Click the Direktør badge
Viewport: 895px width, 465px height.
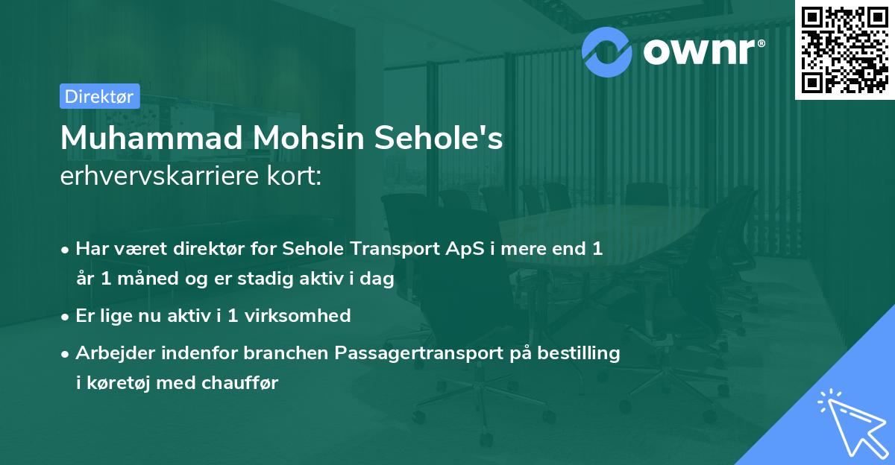pos(99,96)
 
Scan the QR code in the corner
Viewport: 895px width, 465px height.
pos(844,49)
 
